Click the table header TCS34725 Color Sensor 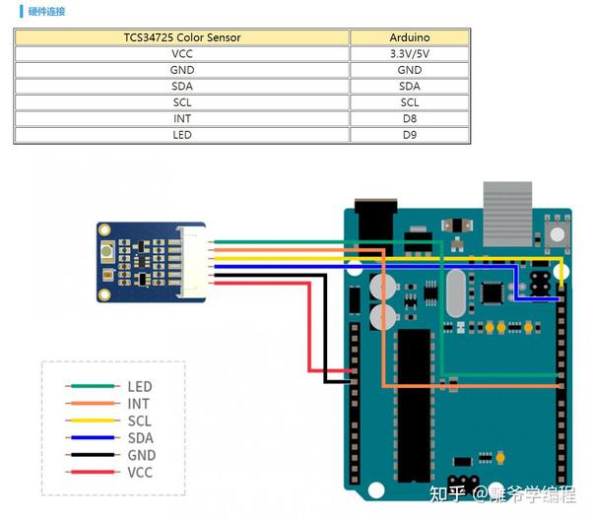(182, 37)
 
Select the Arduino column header (410, 37)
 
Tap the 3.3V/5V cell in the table (410, 54)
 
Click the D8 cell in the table (410, 118)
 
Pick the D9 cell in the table (410, 134)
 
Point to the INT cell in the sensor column (182, 118)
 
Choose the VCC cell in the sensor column (182, 54)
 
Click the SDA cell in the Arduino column (410, 86)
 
